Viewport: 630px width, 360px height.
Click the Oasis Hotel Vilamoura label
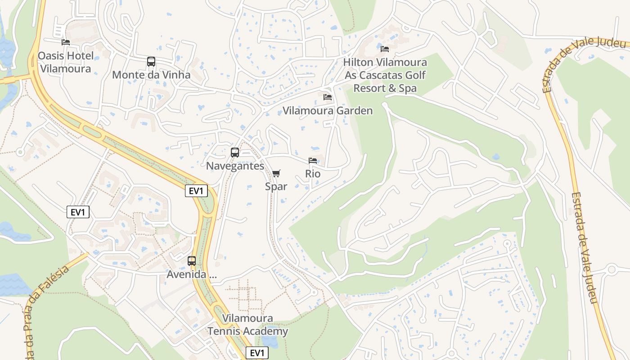[66, 62]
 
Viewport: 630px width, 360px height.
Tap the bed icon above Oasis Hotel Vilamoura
[66, 42]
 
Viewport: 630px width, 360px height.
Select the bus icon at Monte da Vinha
[151, 62]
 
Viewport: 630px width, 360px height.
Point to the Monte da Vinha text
[151, 75]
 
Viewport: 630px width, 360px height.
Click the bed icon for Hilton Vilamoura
[385, 49]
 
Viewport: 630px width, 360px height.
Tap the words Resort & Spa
[385, 88]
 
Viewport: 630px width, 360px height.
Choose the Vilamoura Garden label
[328, 111]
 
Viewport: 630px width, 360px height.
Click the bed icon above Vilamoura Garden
[328, 97]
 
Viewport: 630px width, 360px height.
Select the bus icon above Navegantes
[235, 153]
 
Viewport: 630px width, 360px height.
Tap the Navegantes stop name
[235, 166]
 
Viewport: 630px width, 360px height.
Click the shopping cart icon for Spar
[276, 173]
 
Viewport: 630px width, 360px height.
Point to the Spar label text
[276, 186]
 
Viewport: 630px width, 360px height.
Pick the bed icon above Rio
[313, 161]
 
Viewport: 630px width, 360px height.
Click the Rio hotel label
[313, 174]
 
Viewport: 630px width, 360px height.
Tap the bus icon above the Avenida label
[192, 261]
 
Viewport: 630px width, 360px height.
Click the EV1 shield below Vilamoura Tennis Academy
[257, 353]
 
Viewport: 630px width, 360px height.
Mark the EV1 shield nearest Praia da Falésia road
[78, 212]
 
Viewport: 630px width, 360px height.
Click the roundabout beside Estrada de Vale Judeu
[611, 270]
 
